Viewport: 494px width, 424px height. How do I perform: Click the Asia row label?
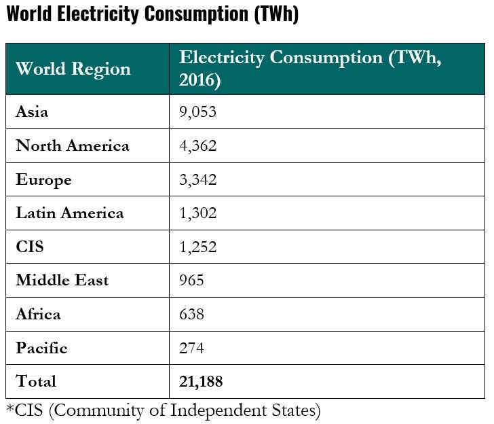32,111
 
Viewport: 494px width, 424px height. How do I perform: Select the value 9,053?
197,111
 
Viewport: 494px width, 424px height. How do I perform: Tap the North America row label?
73,145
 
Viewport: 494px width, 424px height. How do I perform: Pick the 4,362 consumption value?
197,145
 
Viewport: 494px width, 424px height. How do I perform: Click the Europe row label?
43,179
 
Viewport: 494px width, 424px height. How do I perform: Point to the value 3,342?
197,179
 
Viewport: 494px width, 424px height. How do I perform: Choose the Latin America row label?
70,213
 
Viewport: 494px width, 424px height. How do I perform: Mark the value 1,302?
197,213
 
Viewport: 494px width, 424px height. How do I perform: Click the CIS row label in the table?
29,247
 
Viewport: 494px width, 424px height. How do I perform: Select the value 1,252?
197,247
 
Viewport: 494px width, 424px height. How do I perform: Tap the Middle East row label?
62,280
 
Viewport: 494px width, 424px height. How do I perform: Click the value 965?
191,280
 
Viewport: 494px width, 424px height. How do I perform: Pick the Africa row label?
38,314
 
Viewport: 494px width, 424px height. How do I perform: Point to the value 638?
191,314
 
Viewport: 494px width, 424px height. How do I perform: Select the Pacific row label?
41,348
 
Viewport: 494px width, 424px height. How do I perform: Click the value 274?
191,348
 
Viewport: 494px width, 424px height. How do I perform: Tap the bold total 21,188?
201,382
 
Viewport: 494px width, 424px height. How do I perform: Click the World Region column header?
73,69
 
